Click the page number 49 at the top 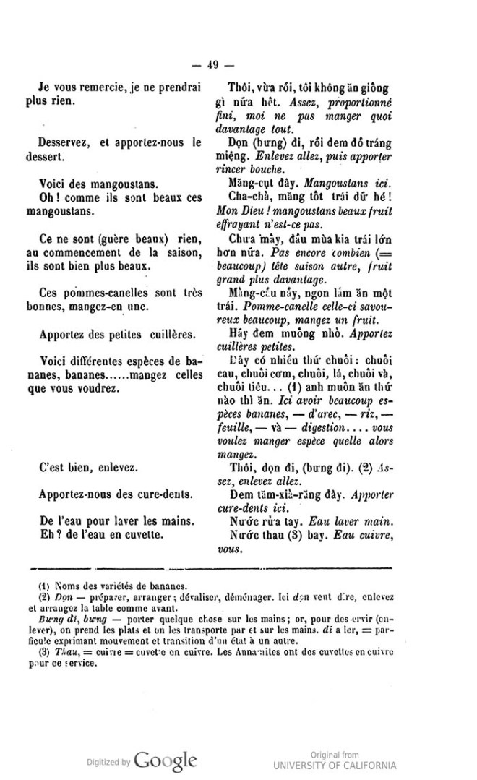(212, 64)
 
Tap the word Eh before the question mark (43, 536)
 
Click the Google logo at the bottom (166, 760)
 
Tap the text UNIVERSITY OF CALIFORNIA (335, 766)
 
